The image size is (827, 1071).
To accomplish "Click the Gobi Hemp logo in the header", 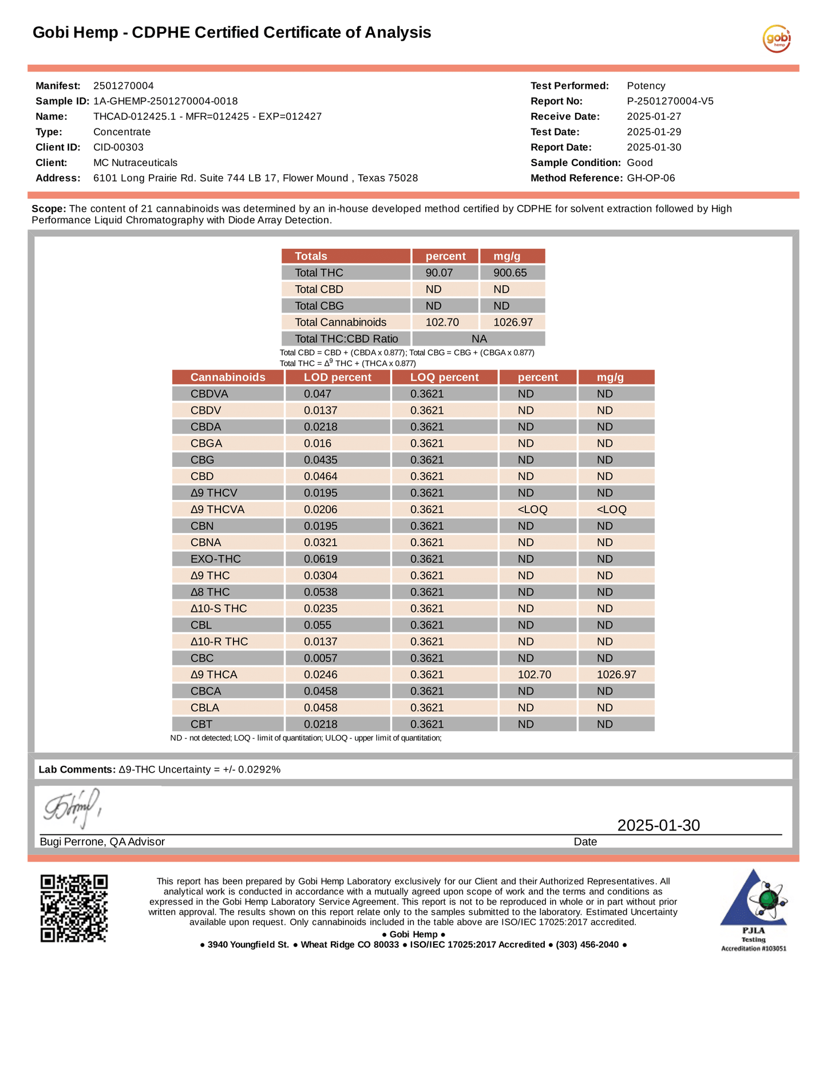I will point(776,39).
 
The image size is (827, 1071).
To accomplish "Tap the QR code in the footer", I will point(74,908).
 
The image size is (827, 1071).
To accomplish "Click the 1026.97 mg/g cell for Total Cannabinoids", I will point(513,322).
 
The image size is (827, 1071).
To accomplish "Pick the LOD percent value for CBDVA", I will point(318,394).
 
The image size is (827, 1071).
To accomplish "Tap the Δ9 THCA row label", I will point(213,675).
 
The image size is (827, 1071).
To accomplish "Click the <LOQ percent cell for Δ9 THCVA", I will point(532,510).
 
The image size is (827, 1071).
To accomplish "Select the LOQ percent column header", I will point(444,377).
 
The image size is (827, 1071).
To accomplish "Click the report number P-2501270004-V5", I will point(670,101).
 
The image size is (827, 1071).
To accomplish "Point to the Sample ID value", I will point(165,101).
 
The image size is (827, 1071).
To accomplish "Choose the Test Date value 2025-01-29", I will point(654,132).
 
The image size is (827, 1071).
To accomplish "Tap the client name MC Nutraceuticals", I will point(135,163).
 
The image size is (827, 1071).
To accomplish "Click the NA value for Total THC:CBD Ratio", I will point(479,339).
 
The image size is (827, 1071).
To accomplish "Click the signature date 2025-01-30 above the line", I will point(658,825).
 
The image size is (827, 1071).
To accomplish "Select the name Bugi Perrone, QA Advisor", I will point(102,842).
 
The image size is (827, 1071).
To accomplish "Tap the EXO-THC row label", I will point(215,559).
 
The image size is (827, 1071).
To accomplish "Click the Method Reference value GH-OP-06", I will point(651,178).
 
